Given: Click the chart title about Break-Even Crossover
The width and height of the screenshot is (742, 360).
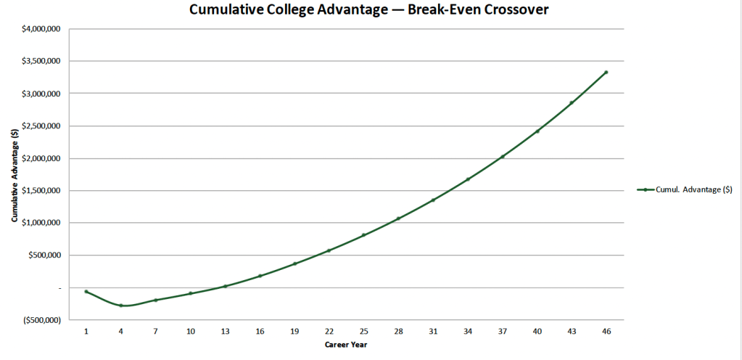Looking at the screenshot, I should pos(369,10).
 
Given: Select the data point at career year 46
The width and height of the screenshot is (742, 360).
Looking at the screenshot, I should pos(606,72).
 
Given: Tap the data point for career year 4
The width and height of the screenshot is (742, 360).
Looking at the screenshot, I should pos(121,306).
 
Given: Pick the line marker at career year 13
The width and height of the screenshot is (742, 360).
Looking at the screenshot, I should pos(226,286).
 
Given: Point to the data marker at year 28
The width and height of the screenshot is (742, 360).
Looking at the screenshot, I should pos(398,218).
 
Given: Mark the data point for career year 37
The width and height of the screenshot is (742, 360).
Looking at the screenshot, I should pos(502,157).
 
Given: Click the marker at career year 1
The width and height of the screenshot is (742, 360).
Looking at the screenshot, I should pos(86,292).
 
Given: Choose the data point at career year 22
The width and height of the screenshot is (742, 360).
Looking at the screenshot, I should pos(329,250).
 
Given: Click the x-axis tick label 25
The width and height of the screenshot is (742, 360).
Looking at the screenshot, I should pos(363,331).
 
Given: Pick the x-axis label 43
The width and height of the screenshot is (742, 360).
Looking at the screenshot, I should pos(571,331).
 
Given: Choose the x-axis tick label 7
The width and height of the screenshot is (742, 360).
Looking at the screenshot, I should pos(155,331).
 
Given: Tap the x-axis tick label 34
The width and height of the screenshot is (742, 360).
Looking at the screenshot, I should pos(467,331).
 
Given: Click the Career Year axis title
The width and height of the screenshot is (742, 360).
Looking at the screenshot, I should pos(346,345).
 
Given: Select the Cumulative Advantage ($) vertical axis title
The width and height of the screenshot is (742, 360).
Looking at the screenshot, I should pos(15,175).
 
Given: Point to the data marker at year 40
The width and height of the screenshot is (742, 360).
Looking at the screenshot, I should pos(537,131).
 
